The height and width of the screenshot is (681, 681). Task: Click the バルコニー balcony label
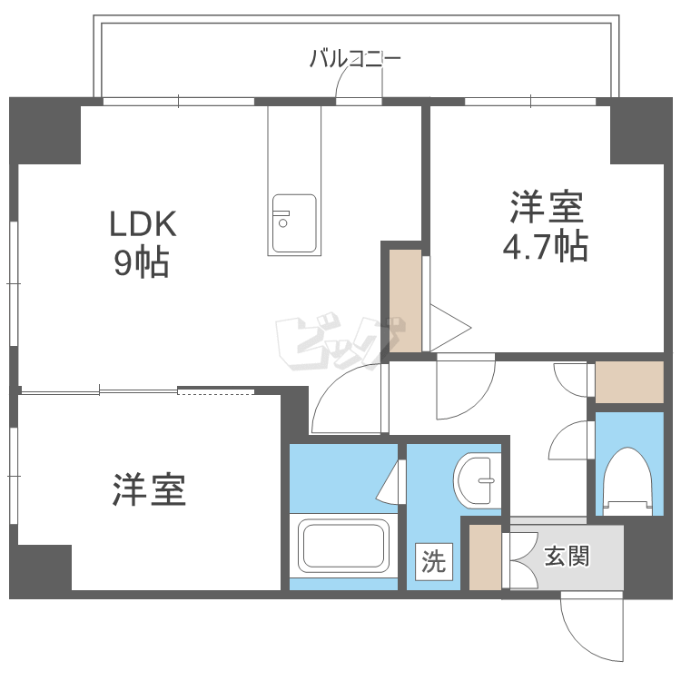(355, 60)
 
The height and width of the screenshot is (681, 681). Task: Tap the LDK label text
(142, 222)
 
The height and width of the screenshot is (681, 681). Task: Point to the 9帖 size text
(142, 262)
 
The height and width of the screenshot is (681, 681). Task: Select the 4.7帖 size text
(545, 247)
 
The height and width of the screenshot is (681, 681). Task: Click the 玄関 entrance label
(567, 555)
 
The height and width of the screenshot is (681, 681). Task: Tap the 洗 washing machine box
(433, 562)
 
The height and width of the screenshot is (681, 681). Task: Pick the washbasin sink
(477, 479)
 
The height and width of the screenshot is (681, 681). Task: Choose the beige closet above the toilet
(629, 381)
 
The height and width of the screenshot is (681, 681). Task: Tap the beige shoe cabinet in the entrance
(485, 557)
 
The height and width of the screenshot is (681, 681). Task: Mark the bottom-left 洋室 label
(150, 490)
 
